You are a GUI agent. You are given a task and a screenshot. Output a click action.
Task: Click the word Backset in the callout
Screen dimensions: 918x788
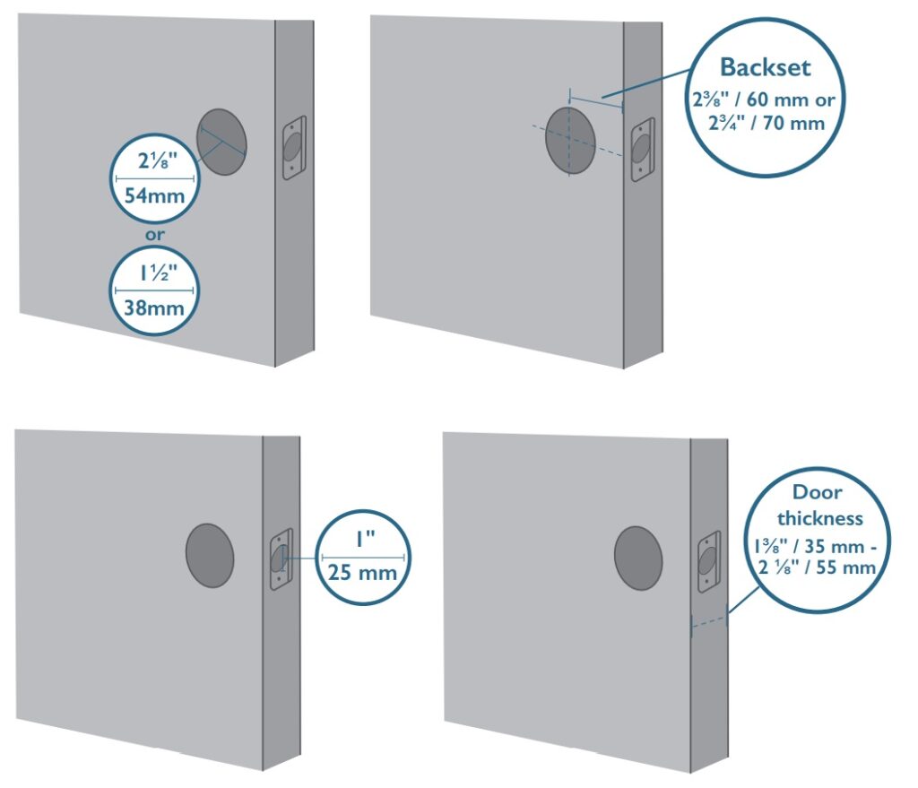[765, 67]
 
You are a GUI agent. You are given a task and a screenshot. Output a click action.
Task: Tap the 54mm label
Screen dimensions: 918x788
[154, 195]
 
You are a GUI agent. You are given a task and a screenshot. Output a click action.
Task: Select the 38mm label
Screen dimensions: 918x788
[154, 307]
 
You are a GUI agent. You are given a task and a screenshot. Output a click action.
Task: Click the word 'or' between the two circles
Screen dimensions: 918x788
[154, 236]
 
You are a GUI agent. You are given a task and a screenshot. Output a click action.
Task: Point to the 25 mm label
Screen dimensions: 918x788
[362, 572]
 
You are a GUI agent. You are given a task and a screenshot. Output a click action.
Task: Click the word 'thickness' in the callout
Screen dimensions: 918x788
[819, 518]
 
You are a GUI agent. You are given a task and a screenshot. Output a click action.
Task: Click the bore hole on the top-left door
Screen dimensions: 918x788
[221, 142]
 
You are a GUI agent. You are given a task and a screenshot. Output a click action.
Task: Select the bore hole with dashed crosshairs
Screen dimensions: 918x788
[570, 141]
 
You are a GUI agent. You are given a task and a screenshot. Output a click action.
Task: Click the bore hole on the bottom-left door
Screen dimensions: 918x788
[210, 555]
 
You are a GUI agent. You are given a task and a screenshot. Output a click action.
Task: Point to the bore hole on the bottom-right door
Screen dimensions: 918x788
[638, 558]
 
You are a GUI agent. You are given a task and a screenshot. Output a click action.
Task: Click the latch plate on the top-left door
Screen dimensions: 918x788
[294, 148]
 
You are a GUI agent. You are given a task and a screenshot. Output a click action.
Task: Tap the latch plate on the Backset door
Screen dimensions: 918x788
[642, 150]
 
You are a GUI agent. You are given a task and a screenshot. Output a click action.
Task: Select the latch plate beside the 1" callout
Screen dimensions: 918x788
[281, 559]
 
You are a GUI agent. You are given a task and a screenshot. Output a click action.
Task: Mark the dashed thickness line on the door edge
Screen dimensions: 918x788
[709, 622]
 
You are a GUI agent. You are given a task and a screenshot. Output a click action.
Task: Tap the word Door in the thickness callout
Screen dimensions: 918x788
[817, 492]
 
